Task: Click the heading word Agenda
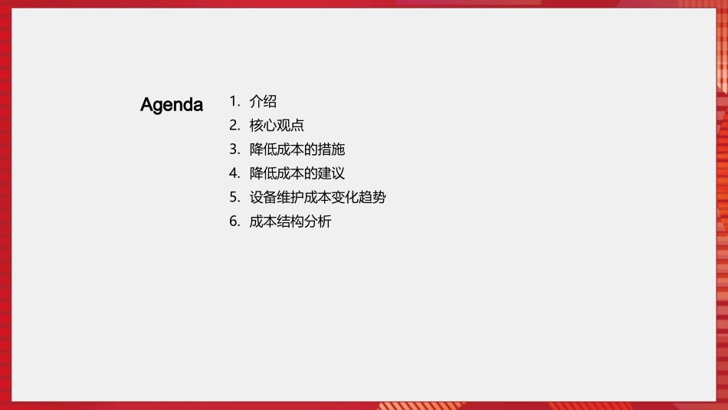(172, 105)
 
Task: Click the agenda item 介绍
(263, 101)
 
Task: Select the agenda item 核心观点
(277, 126)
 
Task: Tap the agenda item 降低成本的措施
(297, 149)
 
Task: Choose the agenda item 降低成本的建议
(297, 173)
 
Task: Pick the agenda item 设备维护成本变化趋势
(317, 198)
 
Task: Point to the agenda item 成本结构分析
(290, 222)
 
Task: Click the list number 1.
(234, 101)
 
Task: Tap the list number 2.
(234, 126)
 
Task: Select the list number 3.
(234, 149)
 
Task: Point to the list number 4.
(234, 173)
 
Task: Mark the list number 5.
(234, 198)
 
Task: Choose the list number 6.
(234, 222)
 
